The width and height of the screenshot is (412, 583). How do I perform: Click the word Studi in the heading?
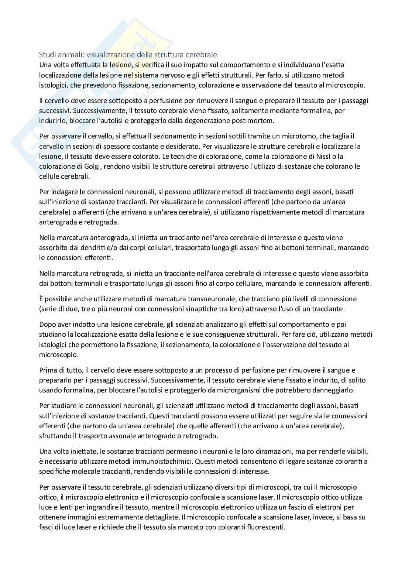tap(47, 55)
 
